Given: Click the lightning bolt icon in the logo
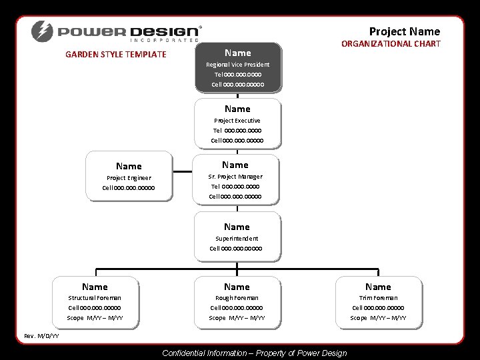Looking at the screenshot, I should [x=42, y=31].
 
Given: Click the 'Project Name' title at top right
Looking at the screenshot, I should [x=405, y=31].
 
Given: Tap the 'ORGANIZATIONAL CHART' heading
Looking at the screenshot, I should [x=391, y=44].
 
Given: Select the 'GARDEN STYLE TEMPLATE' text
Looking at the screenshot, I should [x=115, y=55].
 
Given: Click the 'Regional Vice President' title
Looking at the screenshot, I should [x=237, y=65].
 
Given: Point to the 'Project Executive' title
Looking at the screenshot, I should [x=237, y=121].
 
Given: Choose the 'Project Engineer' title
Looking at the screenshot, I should [x=129, y=178].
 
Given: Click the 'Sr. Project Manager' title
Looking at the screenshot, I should [x=235, y=177].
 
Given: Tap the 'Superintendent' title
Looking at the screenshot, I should [x=237, y=238].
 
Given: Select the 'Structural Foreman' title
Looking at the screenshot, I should [x=95, y=297].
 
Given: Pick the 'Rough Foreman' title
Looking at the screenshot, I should [x=237, y=297].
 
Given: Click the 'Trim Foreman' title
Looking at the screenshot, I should [x=378, y=297].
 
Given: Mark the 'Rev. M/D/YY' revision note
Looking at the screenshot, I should [x=41, y=335].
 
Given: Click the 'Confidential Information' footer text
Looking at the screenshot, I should [x=254, y=353].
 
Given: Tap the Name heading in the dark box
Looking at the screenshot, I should [x=237, y=53].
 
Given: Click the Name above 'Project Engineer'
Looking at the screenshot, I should [x=129, y=166].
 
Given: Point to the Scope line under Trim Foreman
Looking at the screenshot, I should [x=378, y=318].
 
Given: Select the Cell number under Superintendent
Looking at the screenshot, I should [x=236, y=249].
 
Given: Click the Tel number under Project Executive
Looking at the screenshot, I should [x=237, y=131].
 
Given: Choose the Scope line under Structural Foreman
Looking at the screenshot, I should [x=95, y=318].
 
